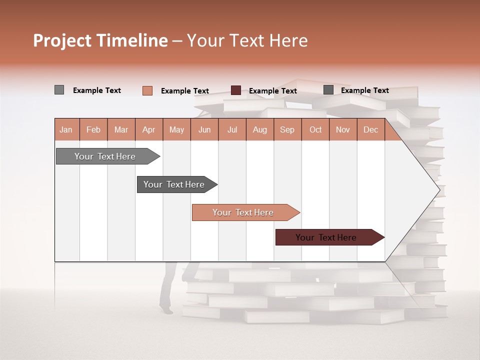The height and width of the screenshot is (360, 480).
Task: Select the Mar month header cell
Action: click(x=121, y=129)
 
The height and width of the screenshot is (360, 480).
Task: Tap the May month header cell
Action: click(x=176, y=129)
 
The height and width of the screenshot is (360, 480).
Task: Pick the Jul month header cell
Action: click(x=232, y=129)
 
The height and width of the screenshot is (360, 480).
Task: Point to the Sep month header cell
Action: click(x=287, y=129)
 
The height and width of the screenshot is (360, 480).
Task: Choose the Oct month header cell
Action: click(x=315, y=129)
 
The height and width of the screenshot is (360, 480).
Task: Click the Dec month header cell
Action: click(x=370, y=129)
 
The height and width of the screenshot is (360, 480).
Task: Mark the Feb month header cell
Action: click(x=93, y=129)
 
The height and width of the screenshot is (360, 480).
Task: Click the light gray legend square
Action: click(x=59, y=90)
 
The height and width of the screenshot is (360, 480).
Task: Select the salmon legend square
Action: click(x=147, y=90)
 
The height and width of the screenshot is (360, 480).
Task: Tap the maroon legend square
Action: click(x=235, y=90)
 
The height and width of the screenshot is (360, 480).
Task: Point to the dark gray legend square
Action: click(x=328, y=90)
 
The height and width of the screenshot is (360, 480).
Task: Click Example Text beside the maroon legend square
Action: click(x=272, y=91)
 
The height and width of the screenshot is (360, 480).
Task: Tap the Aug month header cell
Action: click(x=259, y=129)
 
